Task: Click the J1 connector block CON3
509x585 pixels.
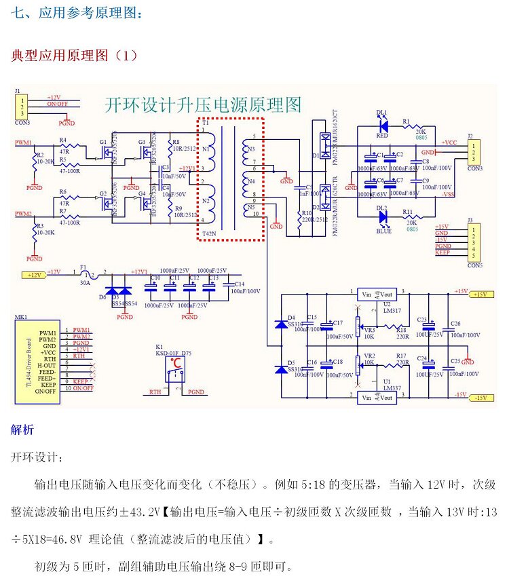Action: (22, 107)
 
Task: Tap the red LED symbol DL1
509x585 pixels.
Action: (383, 125)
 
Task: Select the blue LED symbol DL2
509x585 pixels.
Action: (383, 217)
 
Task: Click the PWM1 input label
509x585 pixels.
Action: (23, 143)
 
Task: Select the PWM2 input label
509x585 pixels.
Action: (23, 213)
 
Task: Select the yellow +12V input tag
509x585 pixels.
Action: (34, 274)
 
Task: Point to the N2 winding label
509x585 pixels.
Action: (206, 201)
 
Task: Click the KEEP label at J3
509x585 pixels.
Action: (442, 252)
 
